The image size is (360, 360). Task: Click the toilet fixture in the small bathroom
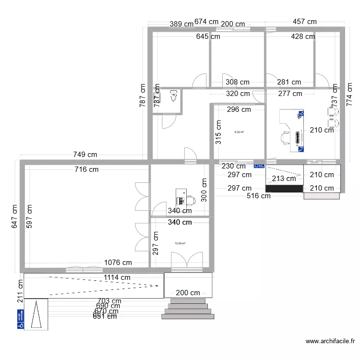174,97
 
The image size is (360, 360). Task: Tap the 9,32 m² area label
239,132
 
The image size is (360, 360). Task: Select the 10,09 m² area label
180,243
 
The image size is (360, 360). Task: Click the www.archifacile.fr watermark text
330,342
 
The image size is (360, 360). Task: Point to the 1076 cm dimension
118,263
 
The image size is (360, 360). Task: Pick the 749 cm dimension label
85,155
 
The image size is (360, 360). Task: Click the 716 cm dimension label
86,169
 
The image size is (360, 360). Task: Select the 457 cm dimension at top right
305,22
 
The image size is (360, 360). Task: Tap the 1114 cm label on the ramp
116,277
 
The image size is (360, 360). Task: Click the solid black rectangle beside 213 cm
284,188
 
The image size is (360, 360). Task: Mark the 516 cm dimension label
259,195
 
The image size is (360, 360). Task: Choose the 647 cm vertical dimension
14,216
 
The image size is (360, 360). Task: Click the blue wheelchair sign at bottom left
21,319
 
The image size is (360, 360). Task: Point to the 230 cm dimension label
233,166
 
